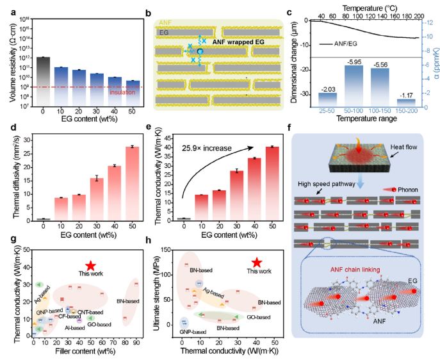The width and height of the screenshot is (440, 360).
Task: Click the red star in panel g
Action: click(91, 265)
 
